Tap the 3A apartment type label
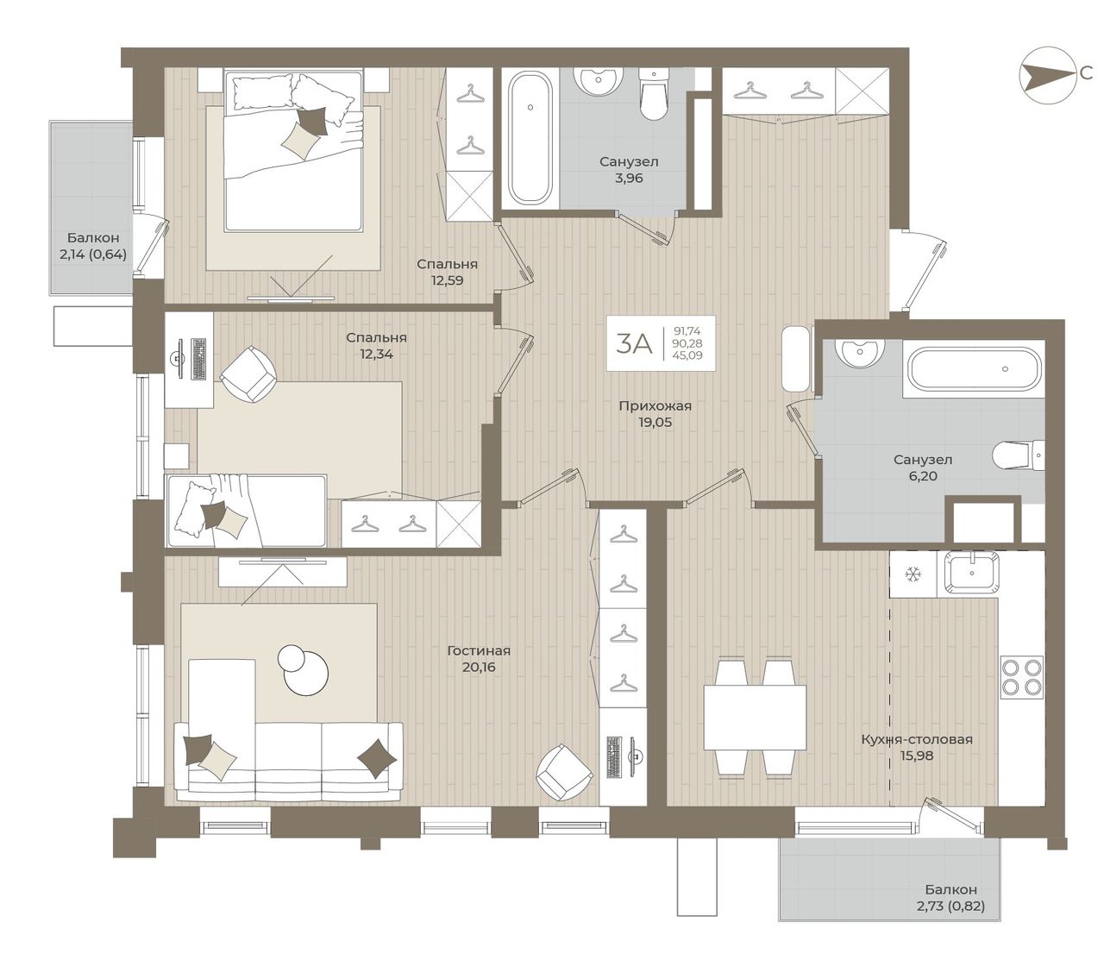[634, 344]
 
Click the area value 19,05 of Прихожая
[655, 423]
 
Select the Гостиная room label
[479, 650]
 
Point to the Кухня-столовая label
[917, 739]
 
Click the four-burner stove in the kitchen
[1022, 677]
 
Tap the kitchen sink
[971, 574]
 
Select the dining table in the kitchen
[755, 718]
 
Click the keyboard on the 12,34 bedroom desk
[198, 360]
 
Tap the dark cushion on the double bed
[312, 121]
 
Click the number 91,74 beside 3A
[687, 331]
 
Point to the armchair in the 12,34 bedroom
[248, 374]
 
